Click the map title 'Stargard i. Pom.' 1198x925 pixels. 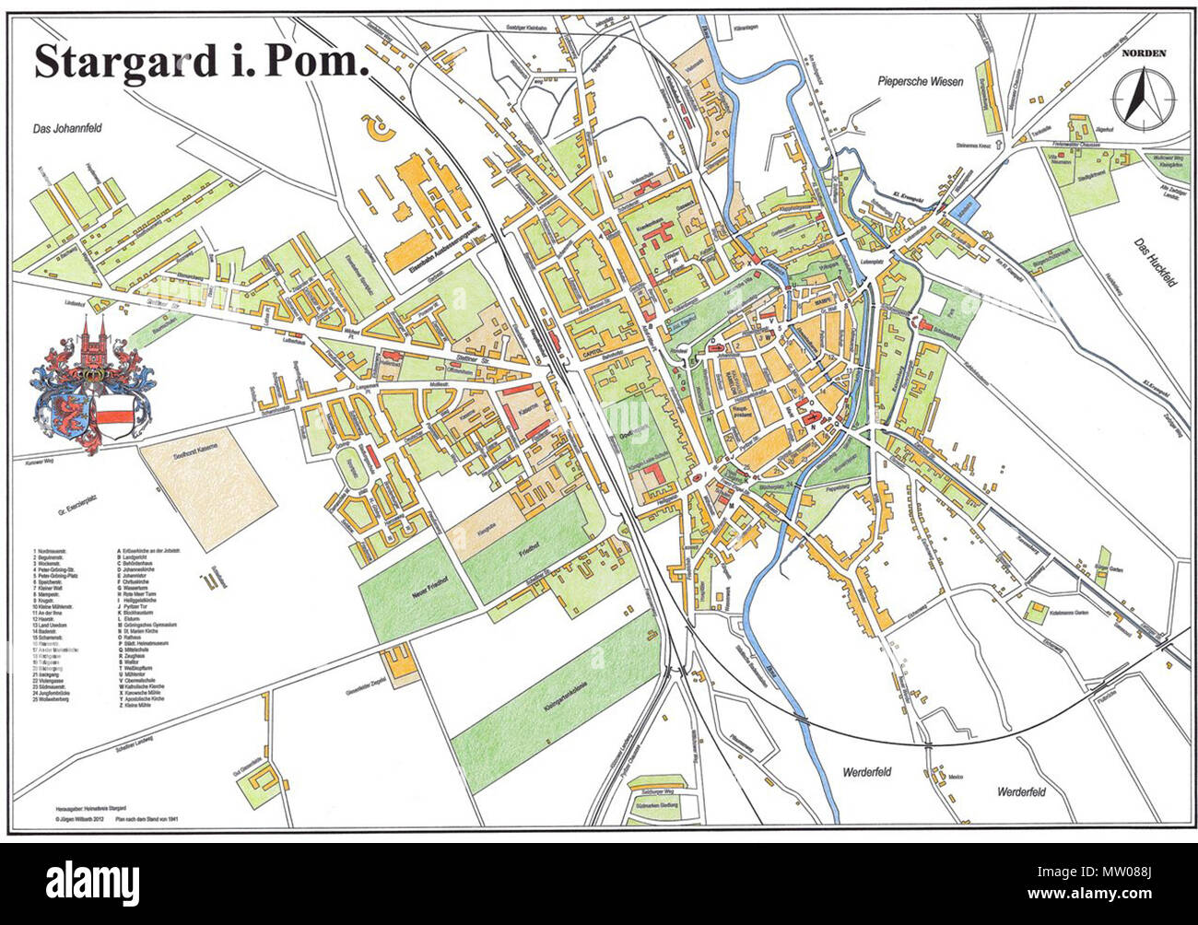point(201,61)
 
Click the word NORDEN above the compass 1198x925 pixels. point(1143,53)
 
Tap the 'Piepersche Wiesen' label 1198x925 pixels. point(919,82)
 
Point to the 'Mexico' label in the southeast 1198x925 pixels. point(956,778)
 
